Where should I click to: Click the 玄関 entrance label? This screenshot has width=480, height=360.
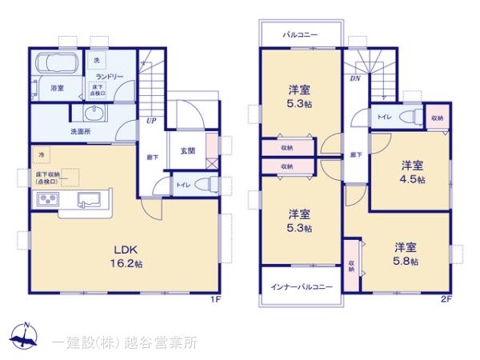click(x=187, y=150)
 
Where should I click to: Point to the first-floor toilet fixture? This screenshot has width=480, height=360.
click(x=204, y=185)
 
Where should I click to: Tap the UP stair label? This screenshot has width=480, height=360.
click(x=150, y=122)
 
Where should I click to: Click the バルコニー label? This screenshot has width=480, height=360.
click(x=300, y=35)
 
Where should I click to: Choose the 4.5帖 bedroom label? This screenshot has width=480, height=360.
click(x=412, y=172)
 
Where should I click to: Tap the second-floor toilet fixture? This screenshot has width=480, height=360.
click(x=409, y=117)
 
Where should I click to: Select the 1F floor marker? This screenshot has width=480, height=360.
click(x=215, y=299)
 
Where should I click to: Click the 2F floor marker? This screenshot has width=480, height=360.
click(x=446, y=299)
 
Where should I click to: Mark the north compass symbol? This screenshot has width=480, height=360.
click(x=24, y=335)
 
